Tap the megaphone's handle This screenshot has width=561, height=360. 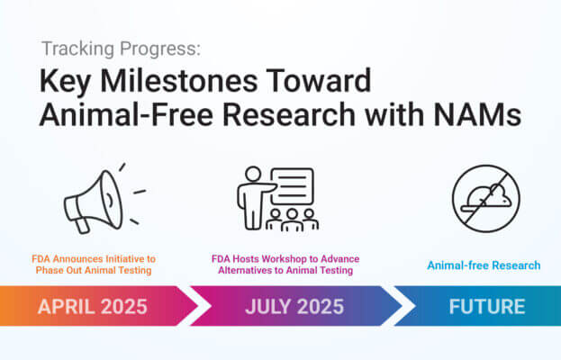coord(82,225)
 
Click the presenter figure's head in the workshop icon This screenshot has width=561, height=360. coord(253,174)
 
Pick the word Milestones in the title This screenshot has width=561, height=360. coord(178,81)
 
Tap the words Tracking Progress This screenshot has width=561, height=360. coord(121,49)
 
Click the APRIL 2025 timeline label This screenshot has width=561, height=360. coord(93,307)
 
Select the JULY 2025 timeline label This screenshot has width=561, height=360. coord(294,307)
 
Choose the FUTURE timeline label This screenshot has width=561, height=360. coord(487,307)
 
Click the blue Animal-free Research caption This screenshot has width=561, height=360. coord(484,265)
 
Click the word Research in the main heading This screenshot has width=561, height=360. coord(289,115)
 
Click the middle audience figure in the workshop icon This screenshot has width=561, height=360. coord(292,220)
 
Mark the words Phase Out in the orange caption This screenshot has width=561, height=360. coord(55,270)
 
